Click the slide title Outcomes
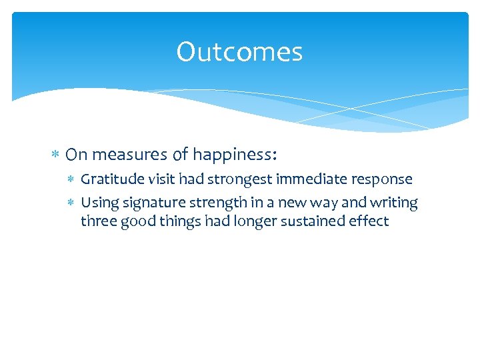239,53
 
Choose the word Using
97,203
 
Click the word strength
210,202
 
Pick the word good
134,221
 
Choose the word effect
367,221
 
